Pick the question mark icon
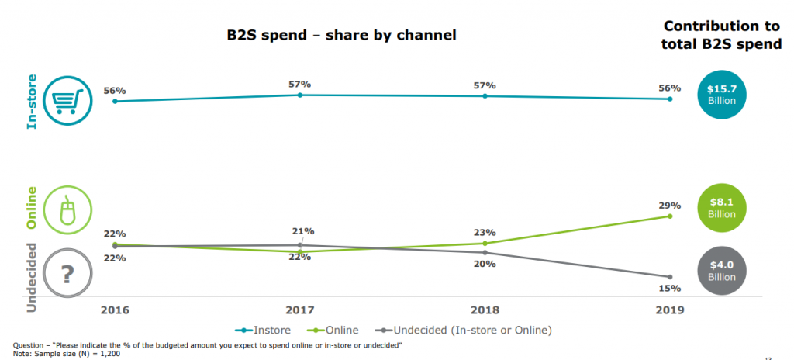tap(67, 274)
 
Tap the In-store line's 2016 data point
tap(115, 101)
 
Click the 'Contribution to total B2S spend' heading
tap(721, 35)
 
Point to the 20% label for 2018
tap(485, 264)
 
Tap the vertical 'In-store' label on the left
tap(32, 100)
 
